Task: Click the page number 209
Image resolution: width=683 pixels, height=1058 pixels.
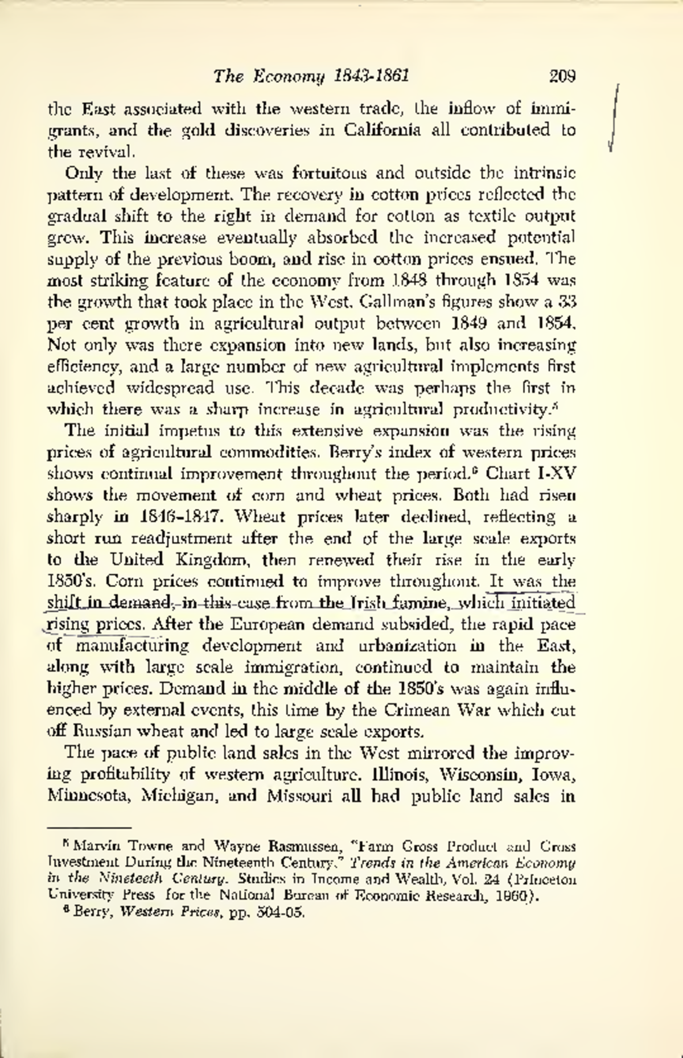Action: pyautogui.click(x=563, y=76)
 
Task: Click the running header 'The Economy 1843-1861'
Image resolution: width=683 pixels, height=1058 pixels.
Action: pyautogui.click(x=312, y=76)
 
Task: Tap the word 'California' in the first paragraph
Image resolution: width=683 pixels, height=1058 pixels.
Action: pyautogui.click(x=383, y=130)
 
